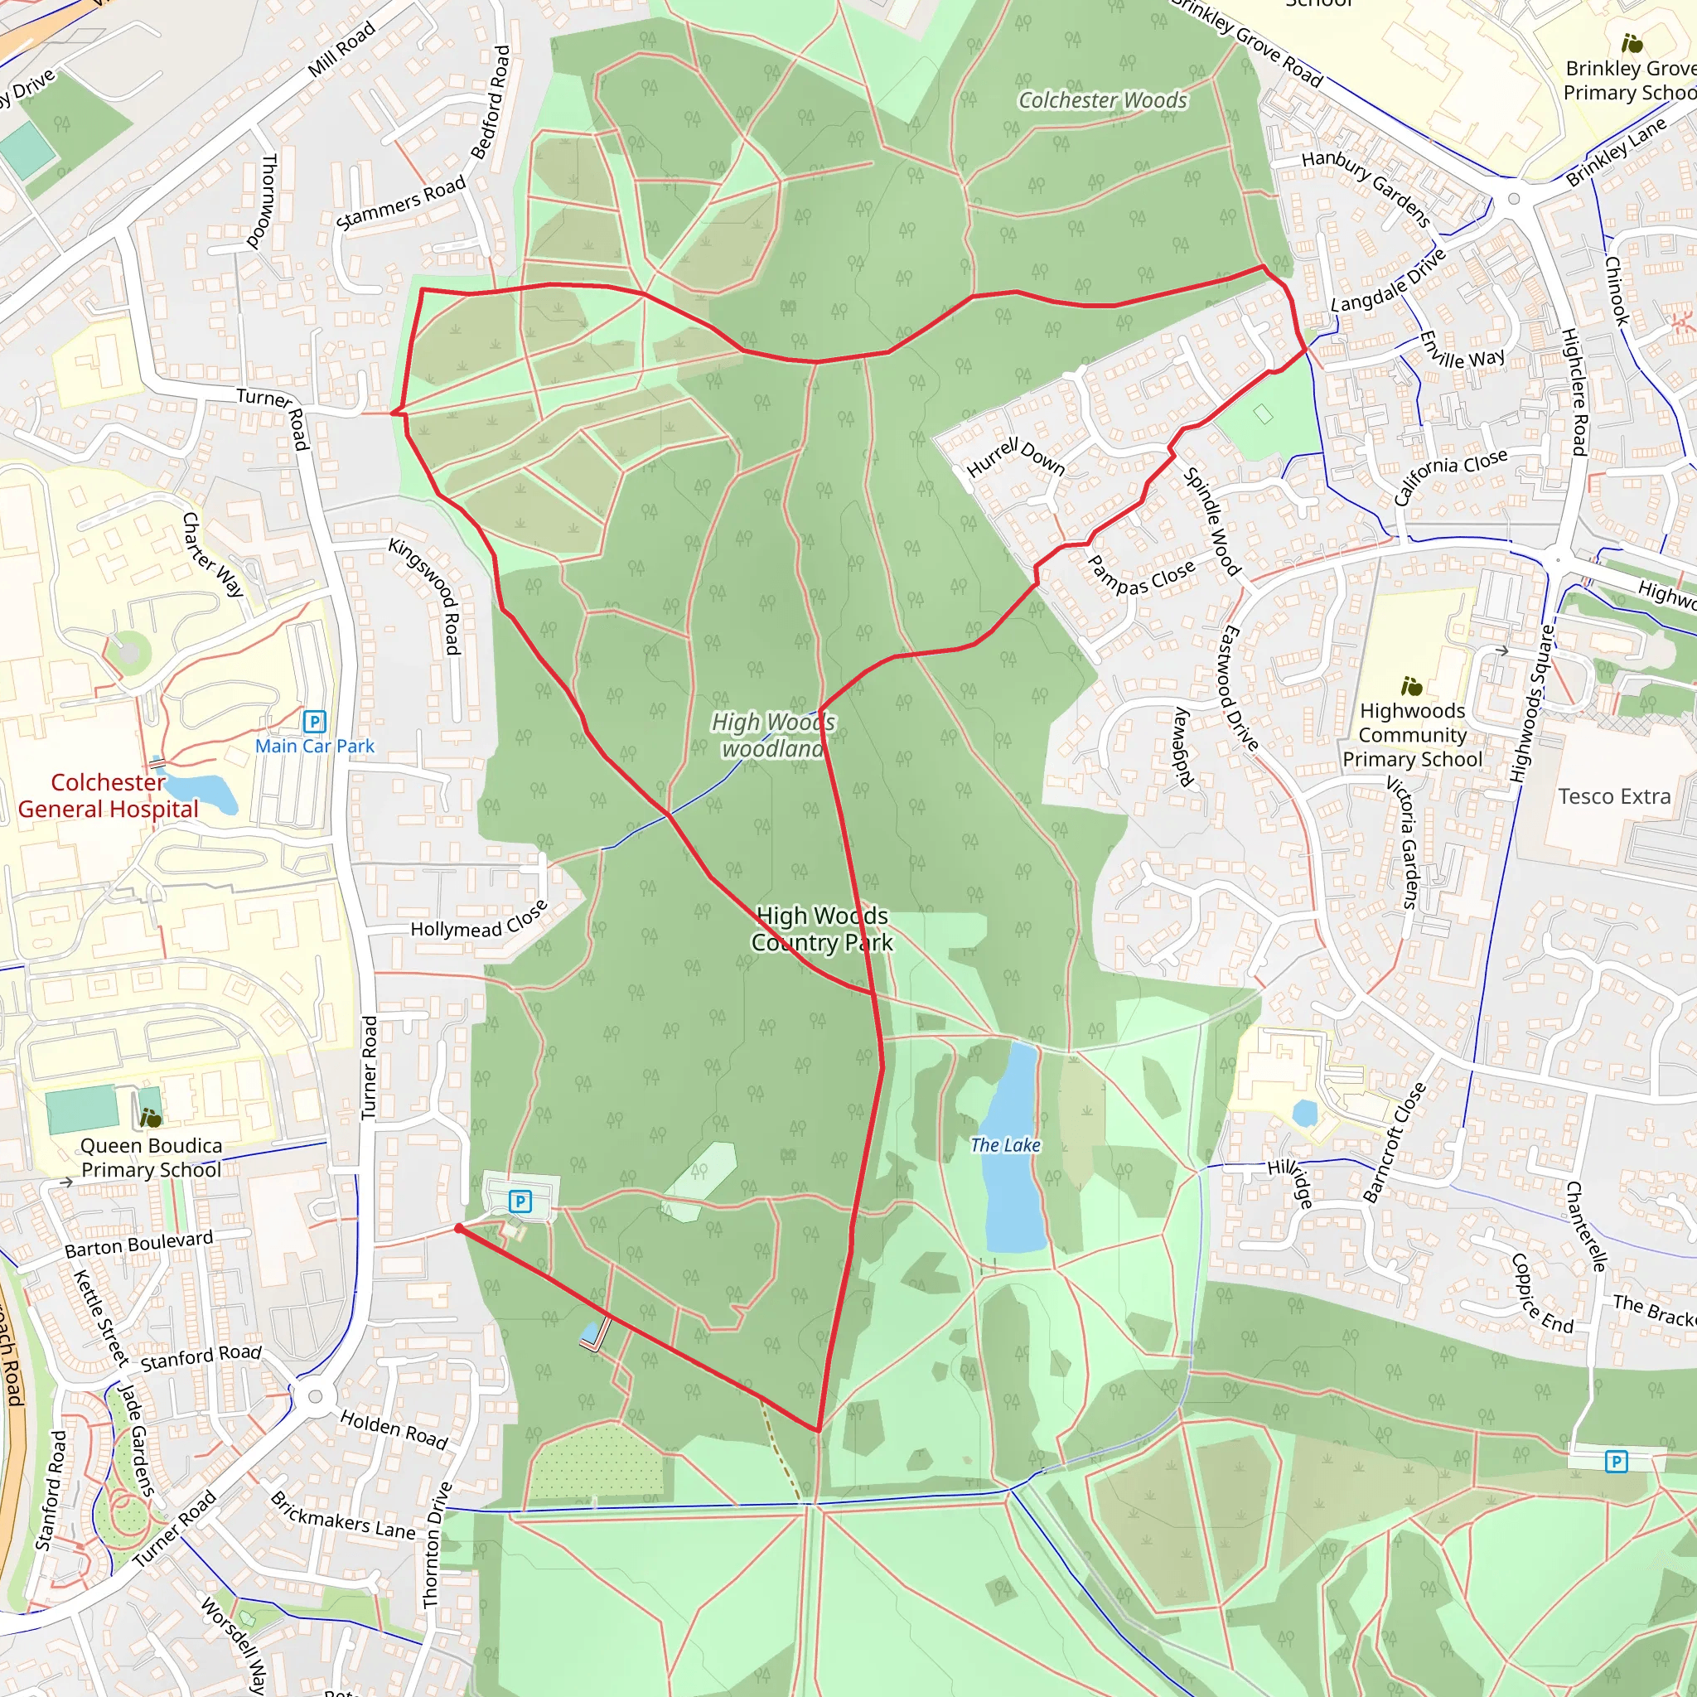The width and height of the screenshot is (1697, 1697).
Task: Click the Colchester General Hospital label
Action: [x=108, y=795]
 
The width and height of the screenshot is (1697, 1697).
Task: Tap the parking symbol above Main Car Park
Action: [x=313, y=721]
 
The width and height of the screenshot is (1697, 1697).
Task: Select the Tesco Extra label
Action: [x=1613, y=795]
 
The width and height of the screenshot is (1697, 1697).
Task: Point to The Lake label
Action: [x=1005, y=1144]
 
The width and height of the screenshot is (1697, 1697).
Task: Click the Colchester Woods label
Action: [x=1102, y=101]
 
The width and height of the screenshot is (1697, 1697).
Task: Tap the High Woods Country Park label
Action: [x=821, y=930]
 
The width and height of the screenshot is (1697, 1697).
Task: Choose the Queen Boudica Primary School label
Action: [x=151, y=1158]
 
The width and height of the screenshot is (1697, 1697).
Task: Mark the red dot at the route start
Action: [x=458, y=1228]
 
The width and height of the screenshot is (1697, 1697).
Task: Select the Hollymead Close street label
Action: [x=479, y=921]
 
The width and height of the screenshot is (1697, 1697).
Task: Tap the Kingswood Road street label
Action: [x=425, y=596]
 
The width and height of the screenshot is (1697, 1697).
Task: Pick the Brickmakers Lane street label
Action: [x=342, y=1516]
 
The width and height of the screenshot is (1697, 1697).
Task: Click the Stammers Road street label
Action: [x=400, y=202]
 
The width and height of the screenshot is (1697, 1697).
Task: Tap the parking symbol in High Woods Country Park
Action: [x=520, y=1201]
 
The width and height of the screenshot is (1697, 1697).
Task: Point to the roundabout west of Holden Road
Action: [x=316, y=1395]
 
